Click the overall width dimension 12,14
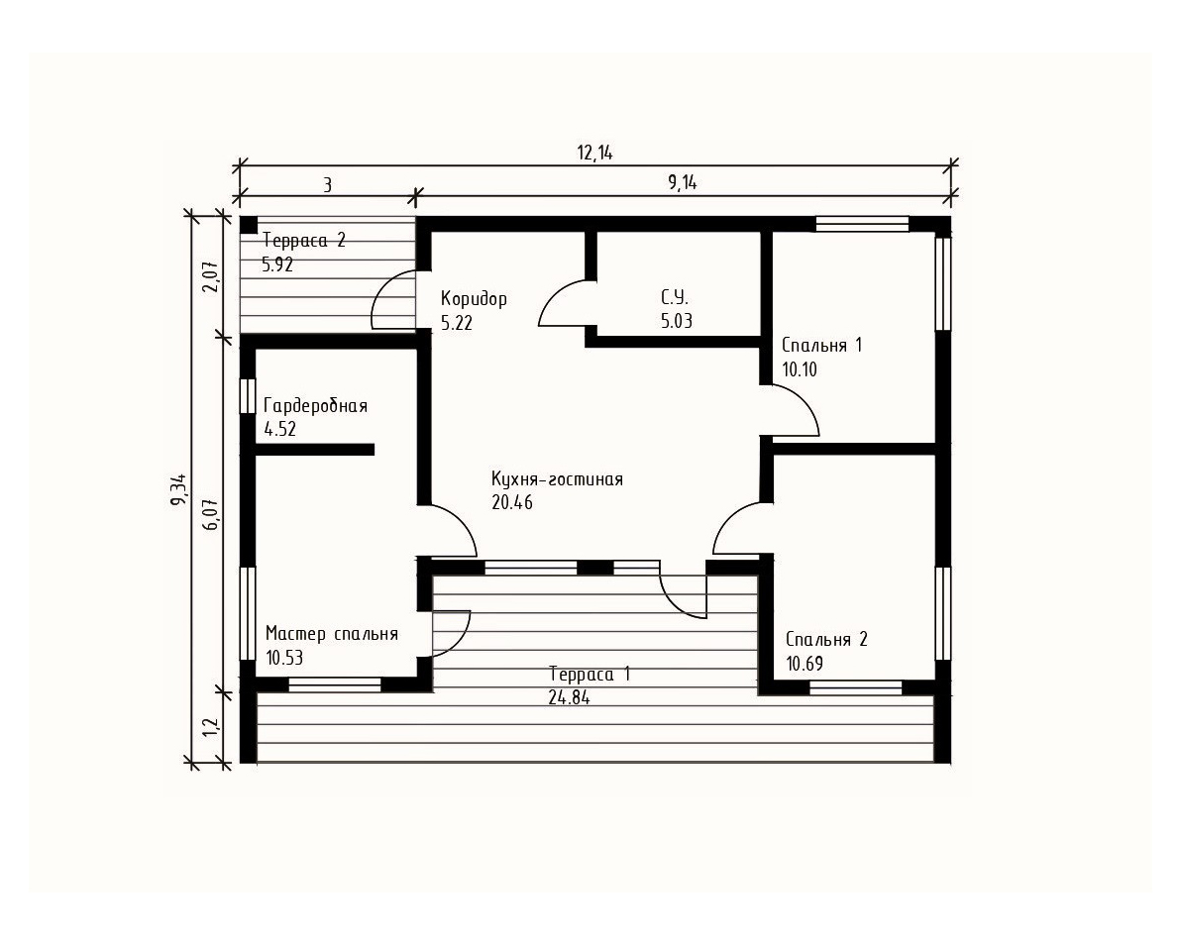[x=595, y=153]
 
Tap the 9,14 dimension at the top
[x=683, y=183]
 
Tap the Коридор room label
[x=474, y=299]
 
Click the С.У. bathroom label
[x=674, y=297]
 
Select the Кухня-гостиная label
[x=558, y=478]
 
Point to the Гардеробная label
[x=316, y=406]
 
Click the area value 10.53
[x=284, y=658]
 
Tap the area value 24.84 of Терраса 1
[x=569, y=697]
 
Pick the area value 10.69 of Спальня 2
[x=805, y=664]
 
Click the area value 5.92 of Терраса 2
[x=277, y=264]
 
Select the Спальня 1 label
[x=821, y=345]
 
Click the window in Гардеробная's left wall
[x=247, y=396]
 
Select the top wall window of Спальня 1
[x=862, y=224]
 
